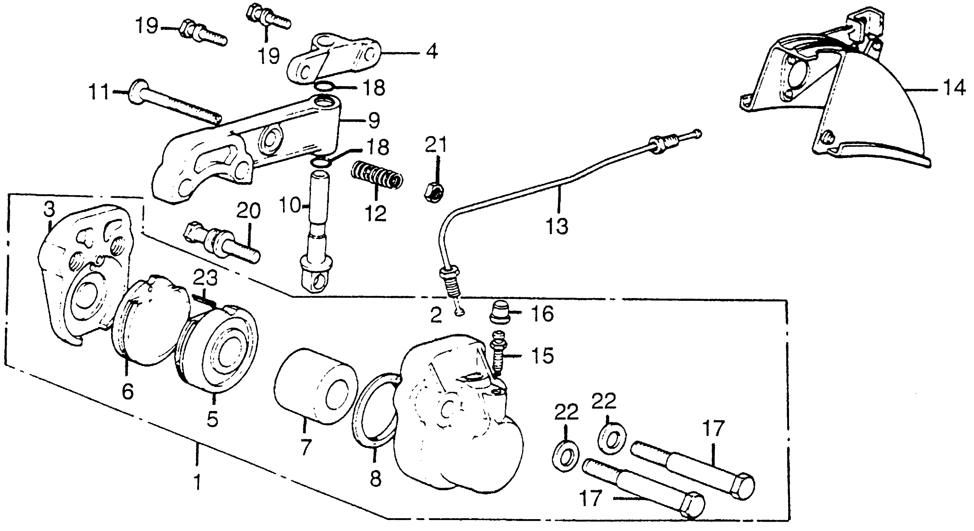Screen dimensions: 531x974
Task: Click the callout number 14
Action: point(954,89)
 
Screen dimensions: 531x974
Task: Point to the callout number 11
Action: point(98,93)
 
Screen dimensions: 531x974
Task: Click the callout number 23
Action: point(205,279)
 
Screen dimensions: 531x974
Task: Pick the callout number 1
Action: point(197,483)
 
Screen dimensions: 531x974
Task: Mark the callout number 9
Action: point(373,120)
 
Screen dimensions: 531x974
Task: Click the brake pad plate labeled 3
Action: point(87,265)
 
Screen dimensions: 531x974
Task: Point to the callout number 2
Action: point(436,315)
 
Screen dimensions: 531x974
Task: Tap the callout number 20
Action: point(248,211)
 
